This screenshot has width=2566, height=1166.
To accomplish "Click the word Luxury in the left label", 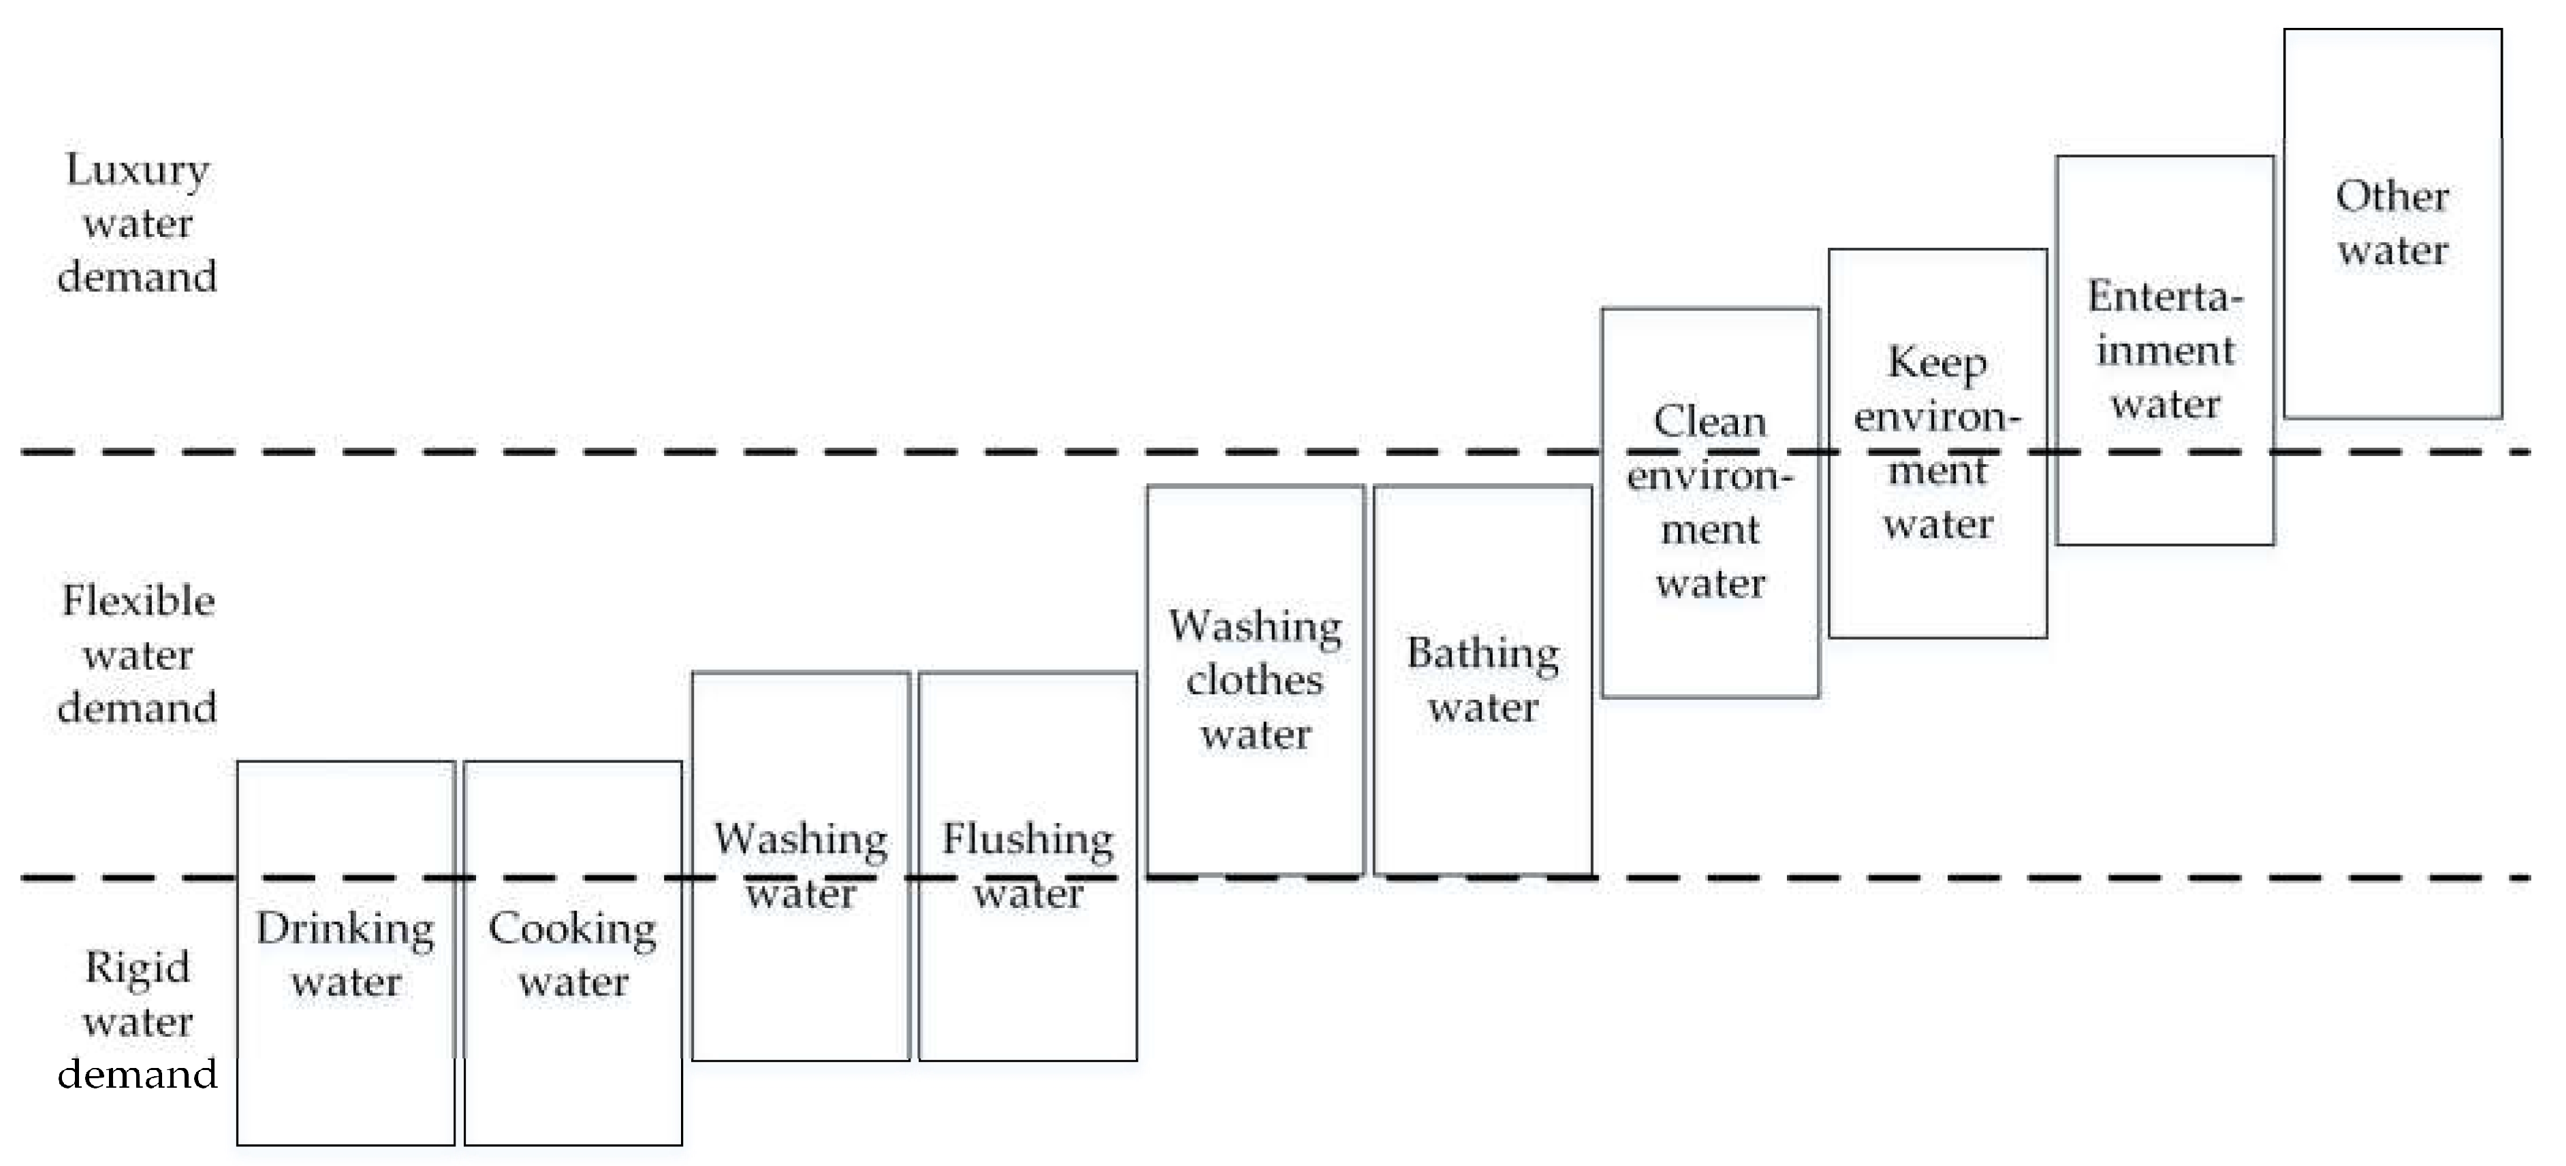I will (138, 170).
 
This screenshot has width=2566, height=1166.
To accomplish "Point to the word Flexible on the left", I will (138, 602).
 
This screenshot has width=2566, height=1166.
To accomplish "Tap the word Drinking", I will (346, 930).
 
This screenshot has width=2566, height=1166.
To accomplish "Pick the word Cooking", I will (573, 930).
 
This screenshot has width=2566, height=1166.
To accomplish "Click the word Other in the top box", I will (2392, 196).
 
